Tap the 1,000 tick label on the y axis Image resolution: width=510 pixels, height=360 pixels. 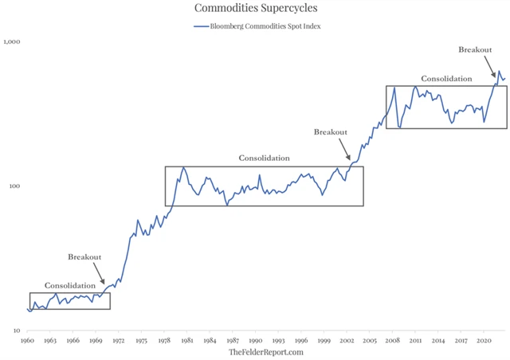[x=13, y=41]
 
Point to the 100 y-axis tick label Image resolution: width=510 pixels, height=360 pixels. [x=16, y=186]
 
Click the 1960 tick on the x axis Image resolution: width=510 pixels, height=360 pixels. [x=27, y=340]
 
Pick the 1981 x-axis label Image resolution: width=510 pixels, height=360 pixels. [x=187, y=340]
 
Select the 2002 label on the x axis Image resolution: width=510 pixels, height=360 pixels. [x=347, y=340]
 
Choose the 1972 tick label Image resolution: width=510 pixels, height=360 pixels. [x=119, y=340]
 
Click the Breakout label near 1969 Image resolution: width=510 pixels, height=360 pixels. [x=84, y=257]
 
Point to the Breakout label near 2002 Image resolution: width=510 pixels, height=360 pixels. [x=331, y=132]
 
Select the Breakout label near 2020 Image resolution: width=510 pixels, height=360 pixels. [x=475, y=49]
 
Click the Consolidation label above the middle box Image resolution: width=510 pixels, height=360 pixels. [x=264, y=158]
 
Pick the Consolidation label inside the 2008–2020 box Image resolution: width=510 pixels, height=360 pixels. [x=446, y=79]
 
